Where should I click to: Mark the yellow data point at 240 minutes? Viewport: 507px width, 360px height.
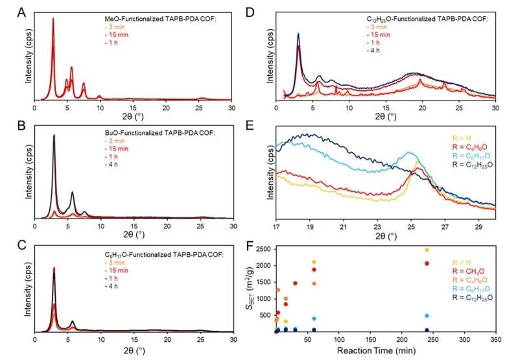(x=427, y=250)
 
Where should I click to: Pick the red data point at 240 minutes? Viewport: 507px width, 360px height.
(x=427, y=263)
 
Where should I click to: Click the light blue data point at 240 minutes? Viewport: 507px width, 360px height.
(x=427, y=316)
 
